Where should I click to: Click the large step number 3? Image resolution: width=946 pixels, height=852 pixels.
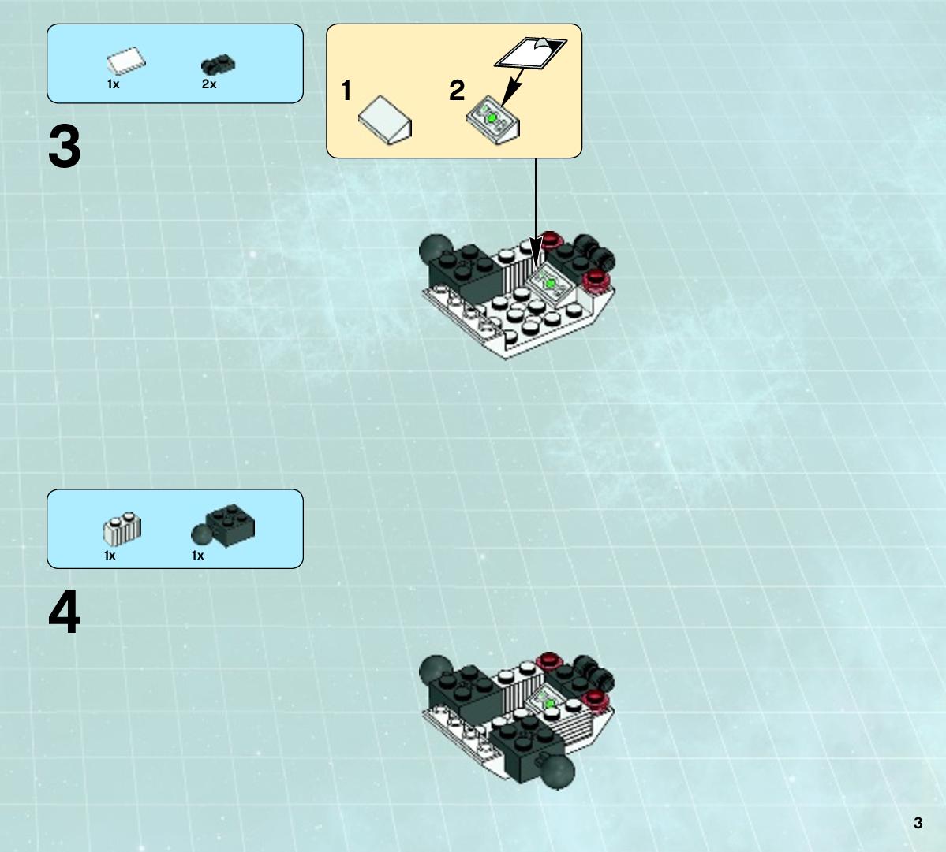[x=65, y=147]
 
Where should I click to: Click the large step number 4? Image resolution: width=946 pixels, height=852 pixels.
[x=65, y=612]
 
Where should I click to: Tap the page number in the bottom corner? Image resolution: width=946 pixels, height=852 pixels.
[x=918, y=823]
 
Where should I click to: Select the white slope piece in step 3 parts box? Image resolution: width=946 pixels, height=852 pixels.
[x=127, y=61]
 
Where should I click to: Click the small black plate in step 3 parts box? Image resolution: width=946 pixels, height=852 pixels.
[x=218, y=65]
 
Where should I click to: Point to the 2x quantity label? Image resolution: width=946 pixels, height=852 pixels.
[x=209, y=84]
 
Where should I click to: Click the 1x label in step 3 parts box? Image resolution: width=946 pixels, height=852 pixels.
[x=113, y=84]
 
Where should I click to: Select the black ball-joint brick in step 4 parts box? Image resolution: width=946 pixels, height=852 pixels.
[x=222, y=526]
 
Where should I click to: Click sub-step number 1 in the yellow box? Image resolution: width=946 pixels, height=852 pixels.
[x=346, y=91]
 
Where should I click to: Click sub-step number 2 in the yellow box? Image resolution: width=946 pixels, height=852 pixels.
[x=457, y=91]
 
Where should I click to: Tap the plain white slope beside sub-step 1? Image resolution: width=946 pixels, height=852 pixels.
[x=385, y=119]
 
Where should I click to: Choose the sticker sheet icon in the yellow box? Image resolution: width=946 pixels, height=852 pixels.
[x=530, y=52]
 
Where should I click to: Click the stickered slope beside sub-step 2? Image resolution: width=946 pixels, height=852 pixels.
[x=493, y=119]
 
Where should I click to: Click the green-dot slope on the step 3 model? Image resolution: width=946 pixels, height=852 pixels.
[x=550, y=282]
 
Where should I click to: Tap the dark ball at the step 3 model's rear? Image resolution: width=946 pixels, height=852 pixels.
[x=435, y=249]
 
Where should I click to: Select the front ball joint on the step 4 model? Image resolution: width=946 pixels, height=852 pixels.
[x=557, y=772]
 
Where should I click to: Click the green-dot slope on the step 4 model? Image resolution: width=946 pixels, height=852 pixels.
[x=550, y=702]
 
